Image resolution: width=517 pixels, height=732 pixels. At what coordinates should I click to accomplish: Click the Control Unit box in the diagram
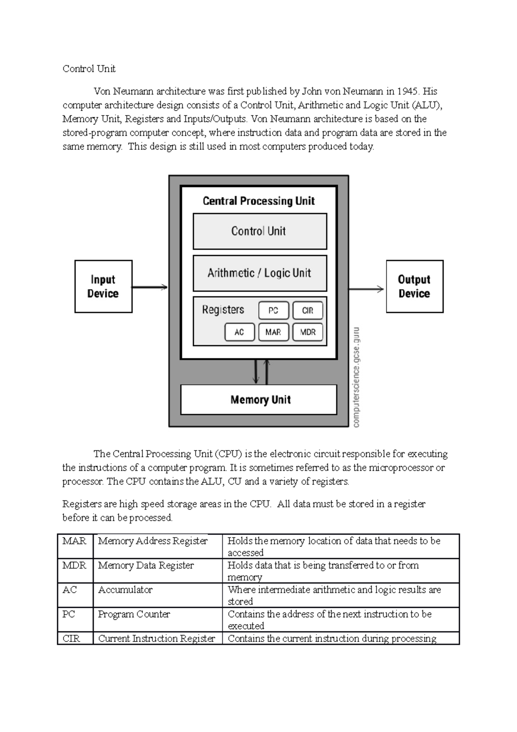tap(260, 231)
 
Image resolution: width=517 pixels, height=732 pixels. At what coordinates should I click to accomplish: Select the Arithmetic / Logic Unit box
tap(260, 273)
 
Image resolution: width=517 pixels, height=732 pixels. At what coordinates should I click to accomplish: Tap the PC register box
tap(273, 310)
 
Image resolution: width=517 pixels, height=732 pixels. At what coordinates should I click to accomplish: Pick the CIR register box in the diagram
tap(308, 310)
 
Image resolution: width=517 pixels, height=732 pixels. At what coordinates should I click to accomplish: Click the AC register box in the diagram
tap(239, 332)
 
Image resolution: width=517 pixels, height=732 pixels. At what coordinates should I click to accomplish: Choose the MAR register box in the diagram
tap(273, 332)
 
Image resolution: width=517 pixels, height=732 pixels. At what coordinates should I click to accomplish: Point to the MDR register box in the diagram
tap(308, 332)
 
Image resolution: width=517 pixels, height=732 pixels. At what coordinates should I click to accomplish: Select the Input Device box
tap(103, 286)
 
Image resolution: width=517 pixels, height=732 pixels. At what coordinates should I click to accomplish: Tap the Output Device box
tap(414, 286)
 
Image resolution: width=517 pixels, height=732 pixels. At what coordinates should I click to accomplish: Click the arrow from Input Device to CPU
tap(149, 287)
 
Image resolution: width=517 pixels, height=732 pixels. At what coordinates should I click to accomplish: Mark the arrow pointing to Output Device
tap(366, 289)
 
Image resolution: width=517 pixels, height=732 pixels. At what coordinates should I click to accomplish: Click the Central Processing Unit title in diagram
tap(258, 201)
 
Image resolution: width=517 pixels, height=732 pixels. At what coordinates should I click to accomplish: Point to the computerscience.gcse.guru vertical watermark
tap(356, 377)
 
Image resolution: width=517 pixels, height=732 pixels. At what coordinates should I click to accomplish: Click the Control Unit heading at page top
tap(89, 69)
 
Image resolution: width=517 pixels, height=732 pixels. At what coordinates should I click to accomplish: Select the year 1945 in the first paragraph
tap(407, 91)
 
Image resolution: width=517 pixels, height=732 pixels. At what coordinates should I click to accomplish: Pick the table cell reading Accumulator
tap(125, 590)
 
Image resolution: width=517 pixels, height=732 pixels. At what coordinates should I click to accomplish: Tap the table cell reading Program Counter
tap(134, 614)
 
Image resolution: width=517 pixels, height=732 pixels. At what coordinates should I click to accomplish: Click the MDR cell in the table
tap(75, 565)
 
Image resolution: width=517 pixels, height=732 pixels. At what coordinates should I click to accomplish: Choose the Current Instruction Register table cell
tap(157, 638)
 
